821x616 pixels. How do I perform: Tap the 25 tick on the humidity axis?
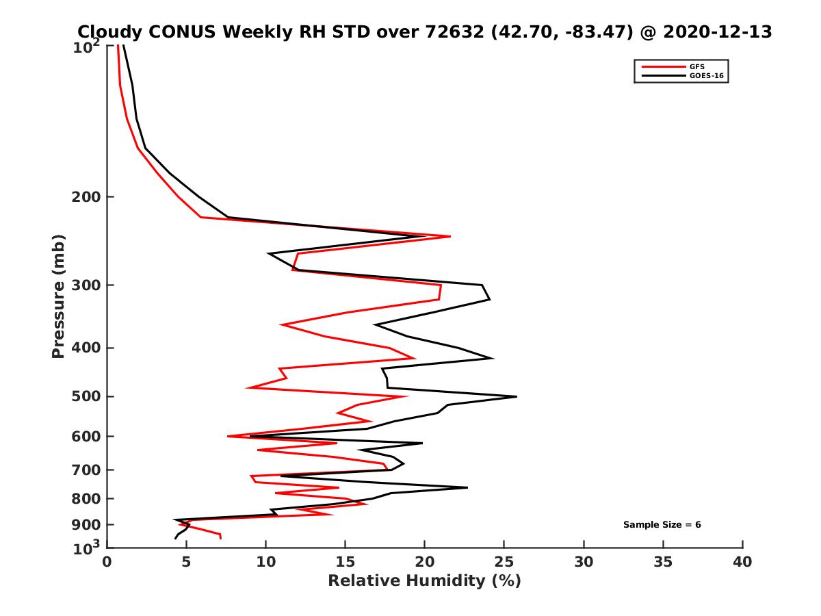pyautogui.click(x=504, y=563)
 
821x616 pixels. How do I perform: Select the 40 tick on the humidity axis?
pyautogui.click(x=742, y=563)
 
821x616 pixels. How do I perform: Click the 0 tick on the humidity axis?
pyautogui.click(x=107, y=563)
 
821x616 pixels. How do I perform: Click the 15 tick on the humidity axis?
pyautogui.click(x=345, y=563)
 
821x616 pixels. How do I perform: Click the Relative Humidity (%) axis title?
pyautogui.click(x=424, y=581)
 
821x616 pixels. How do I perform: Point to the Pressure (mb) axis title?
pyautogui.click(x=58, y=296)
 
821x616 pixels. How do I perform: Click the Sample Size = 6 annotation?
pyautogui.click(x=662, y=525)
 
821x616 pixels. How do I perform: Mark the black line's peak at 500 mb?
pyautogui.click(x=516, y=396)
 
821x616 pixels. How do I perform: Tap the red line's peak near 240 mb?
pyautogui.click(x=449, y=236)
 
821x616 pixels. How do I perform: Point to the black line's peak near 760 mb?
pyautogui.click(x=467, y=487)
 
